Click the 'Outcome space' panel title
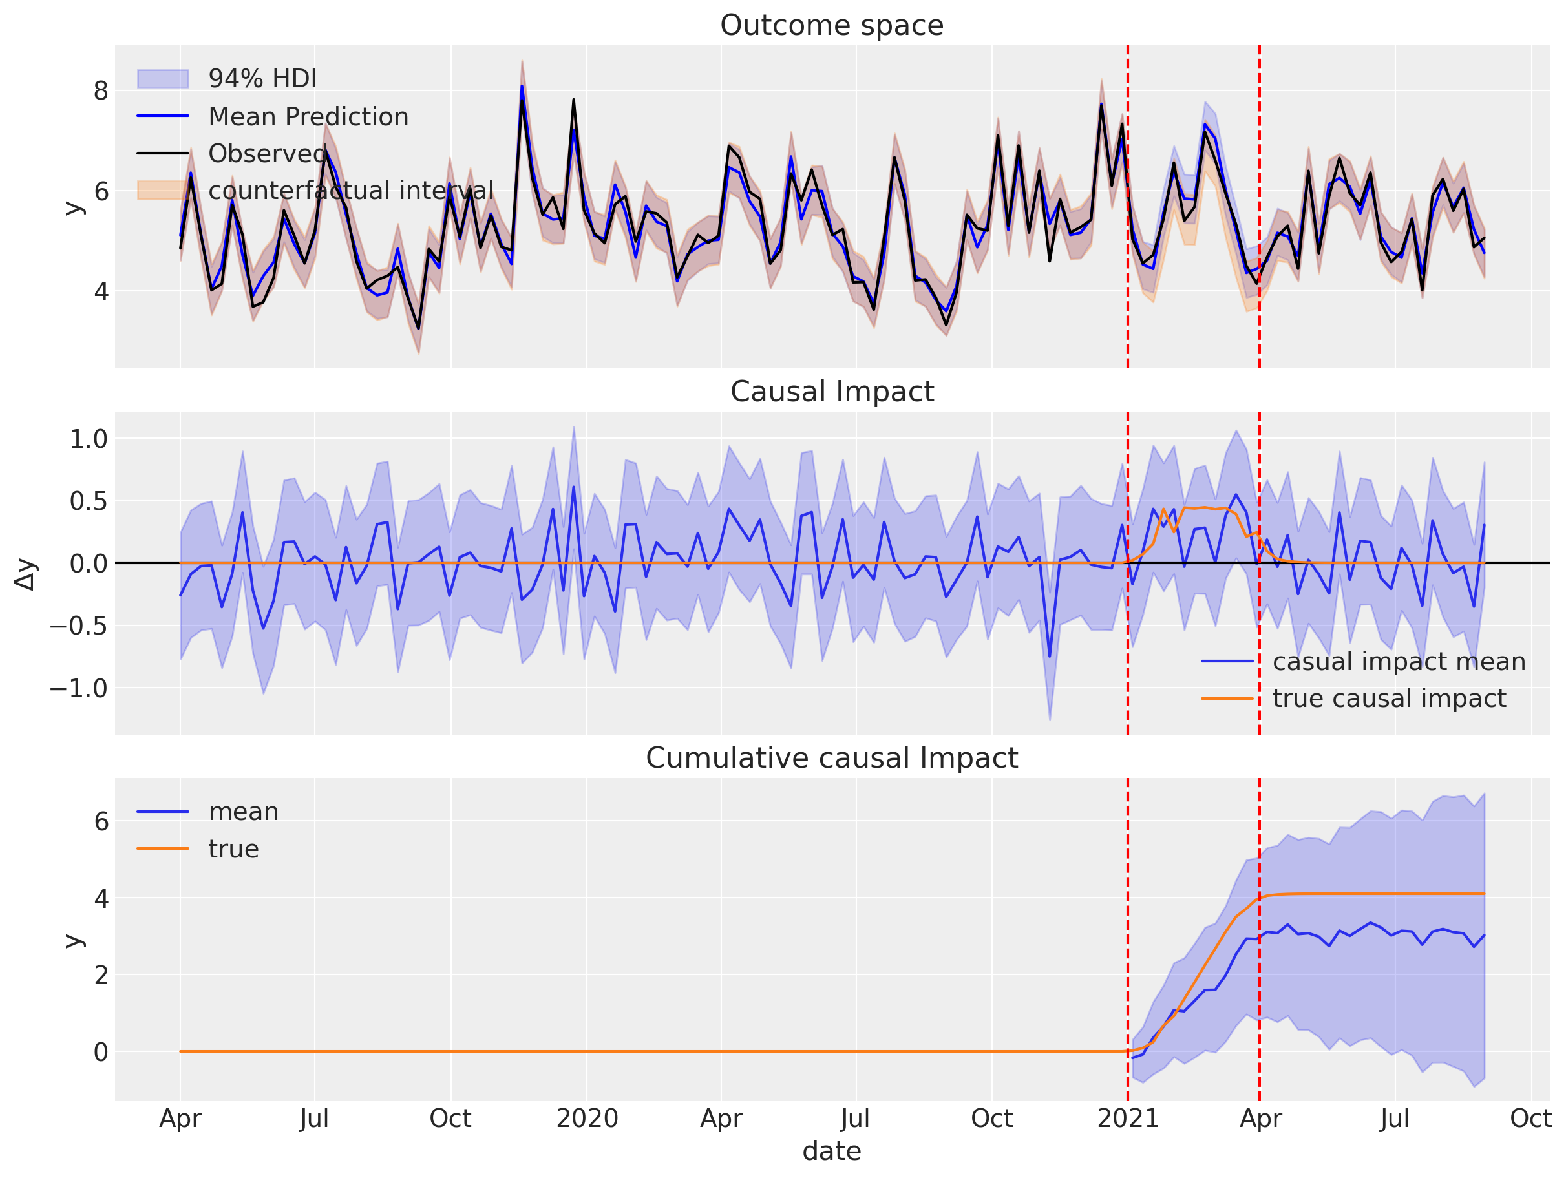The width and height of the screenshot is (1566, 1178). pyautogui.click(x=831, y=25)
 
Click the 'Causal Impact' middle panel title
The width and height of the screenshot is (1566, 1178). pyautogui.click(x=831, y=392)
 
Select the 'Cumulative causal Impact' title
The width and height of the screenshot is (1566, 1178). pyautogui.click(x=831, y=758)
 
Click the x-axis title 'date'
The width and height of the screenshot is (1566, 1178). pyautogui.click(x=831, y=1151)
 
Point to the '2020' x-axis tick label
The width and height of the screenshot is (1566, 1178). pyautogui.click(x=587, y=1119)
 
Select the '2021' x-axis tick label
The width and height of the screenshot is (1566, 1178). pyautogui.click(x=1127, y=1119)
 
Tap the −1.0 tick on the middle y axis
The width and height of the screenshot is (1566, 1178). pyautogui.click(x=79, y=688)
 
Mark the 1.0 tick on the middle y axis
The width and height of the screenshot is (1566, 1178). pyautogui.click(x=89, y=439)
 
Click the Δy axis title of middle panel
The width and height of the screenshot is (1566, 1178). pyautogui.click(x=25, y=573)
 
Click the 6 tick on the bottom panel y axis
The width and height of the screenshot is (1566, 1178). pyautogui.click(x=101, y=821)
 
